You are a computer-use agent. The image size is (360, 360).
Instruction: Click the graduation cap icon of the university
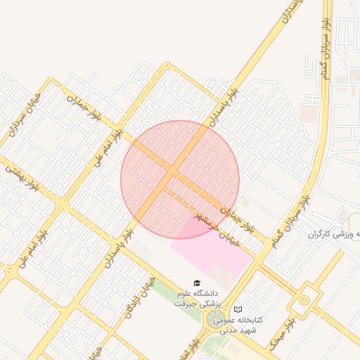[196, 283]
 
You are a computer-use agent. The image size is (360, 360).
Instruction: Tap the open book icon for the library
[238, 309]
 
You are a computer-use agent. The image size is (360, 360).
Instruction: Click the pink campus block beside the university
[211, 250]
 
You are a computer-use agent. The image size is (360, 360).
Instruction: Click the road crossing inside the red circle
[171, 172]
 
